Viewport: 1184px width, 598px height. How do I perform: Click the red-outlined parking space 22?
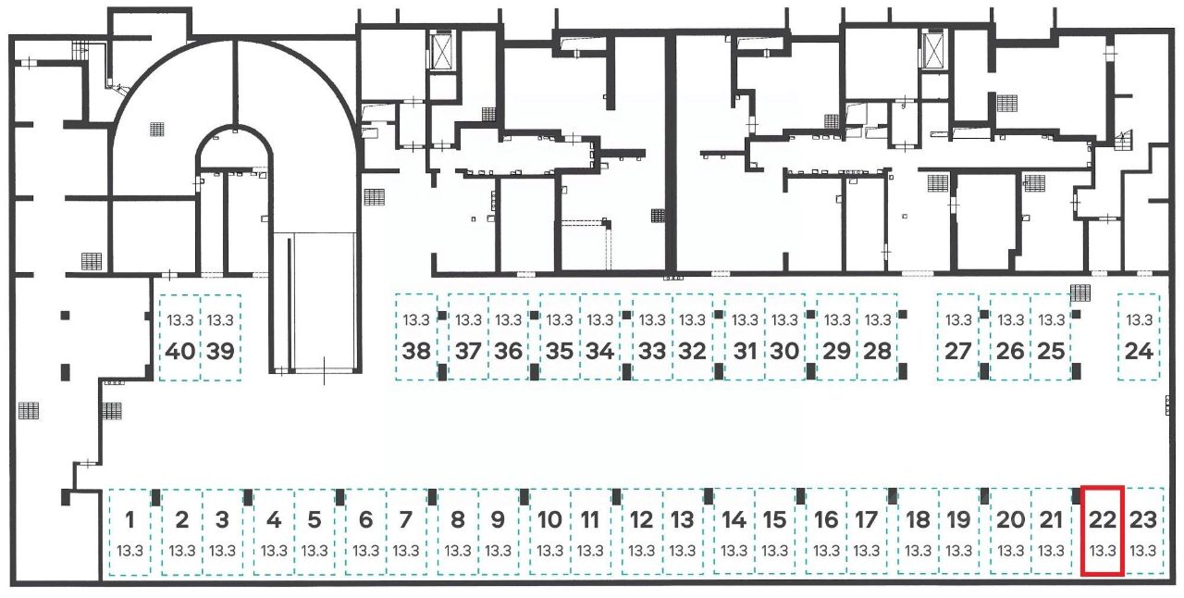1102,530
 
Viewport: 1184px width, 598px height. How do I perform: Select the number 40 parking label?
180,352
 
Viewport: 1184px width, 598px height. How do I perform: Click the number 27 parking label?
958,352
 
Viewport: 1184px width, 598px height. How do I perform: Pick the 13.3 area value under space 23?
1142,551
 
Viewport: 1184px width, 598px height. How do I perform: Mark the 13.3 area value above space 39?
220,320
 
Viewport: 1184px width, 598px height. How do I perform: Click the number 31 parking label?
745,352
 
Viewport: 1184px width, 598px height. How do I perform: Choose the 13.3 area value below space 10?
549,551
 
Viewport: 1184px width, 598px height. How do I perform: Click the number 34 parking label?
600,352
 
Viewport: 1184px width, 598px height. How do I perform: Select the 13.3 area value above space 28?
878,320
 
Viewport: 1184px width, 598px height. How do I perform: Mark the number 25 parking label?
1051,352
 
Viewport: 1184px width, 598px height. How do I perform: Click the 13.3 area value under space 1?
130,551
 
